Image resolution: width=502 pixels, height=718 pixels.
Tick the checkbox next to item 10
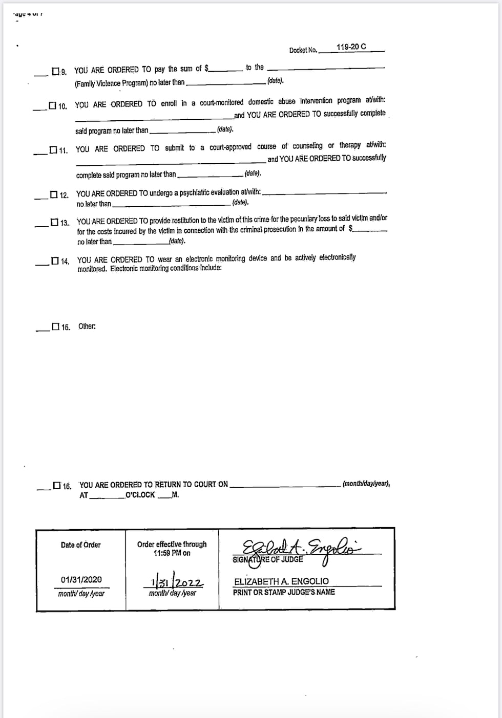pyautogui.click(x=52, y=105)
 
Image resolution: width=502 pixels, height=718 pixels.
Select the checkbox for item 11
pyautogui.click(x=53, y=150)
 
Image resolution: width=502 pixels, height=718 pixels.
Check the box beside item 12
pyautogui.click(x=54, y=194)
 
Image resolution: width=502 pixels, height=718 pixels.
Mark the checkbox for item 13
pyautogui.click(x=54, y=222)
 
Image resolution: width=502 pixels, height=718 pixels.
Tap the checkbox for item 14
pyautogui.click(x=55, y=261)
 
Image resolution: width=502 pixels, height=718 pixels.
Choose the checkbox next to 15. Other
pyautogui.click(x=55, y=327)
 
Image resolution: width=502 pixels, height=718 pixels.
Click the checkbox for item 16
pyautogui.click(x=56, y=485)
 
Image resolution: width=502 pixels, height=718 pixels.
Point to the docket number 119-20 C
pyautogui.click(x=351, y=47)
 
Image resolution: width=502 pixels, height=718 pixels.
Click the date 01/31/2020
pyautogui.click(x=81, y=579)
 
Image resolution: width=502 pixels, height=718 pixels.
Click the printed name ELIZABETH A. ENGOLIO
pyautogui.click(x=281, y=581)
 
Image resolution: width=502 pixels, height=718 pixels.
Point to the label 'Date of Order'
pyautogui.click(x=80, y=545)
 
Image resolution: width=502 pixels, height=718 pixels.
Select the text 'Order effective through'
pyautogui.click(x=172, y=545)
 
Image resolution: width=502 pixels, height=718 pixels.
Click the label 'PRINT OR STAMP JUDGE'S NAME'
pyautogui.click(x=284, y=592)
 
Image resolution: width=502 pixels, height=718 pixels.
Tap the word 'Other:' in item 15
pyautogui.click(x=87, y=327)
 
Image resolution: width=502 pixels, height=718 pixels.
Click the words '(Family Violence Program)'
pyautogui.click(x=104, y=83)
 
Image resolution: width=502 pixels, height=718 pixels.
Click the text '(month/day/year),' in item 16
pyautogui.click(x=366, y=483)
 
